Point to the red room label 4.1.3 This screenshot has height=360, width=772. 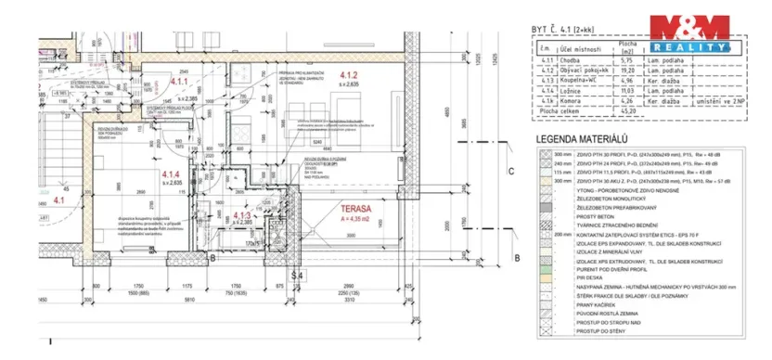(x=241, y=215)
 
